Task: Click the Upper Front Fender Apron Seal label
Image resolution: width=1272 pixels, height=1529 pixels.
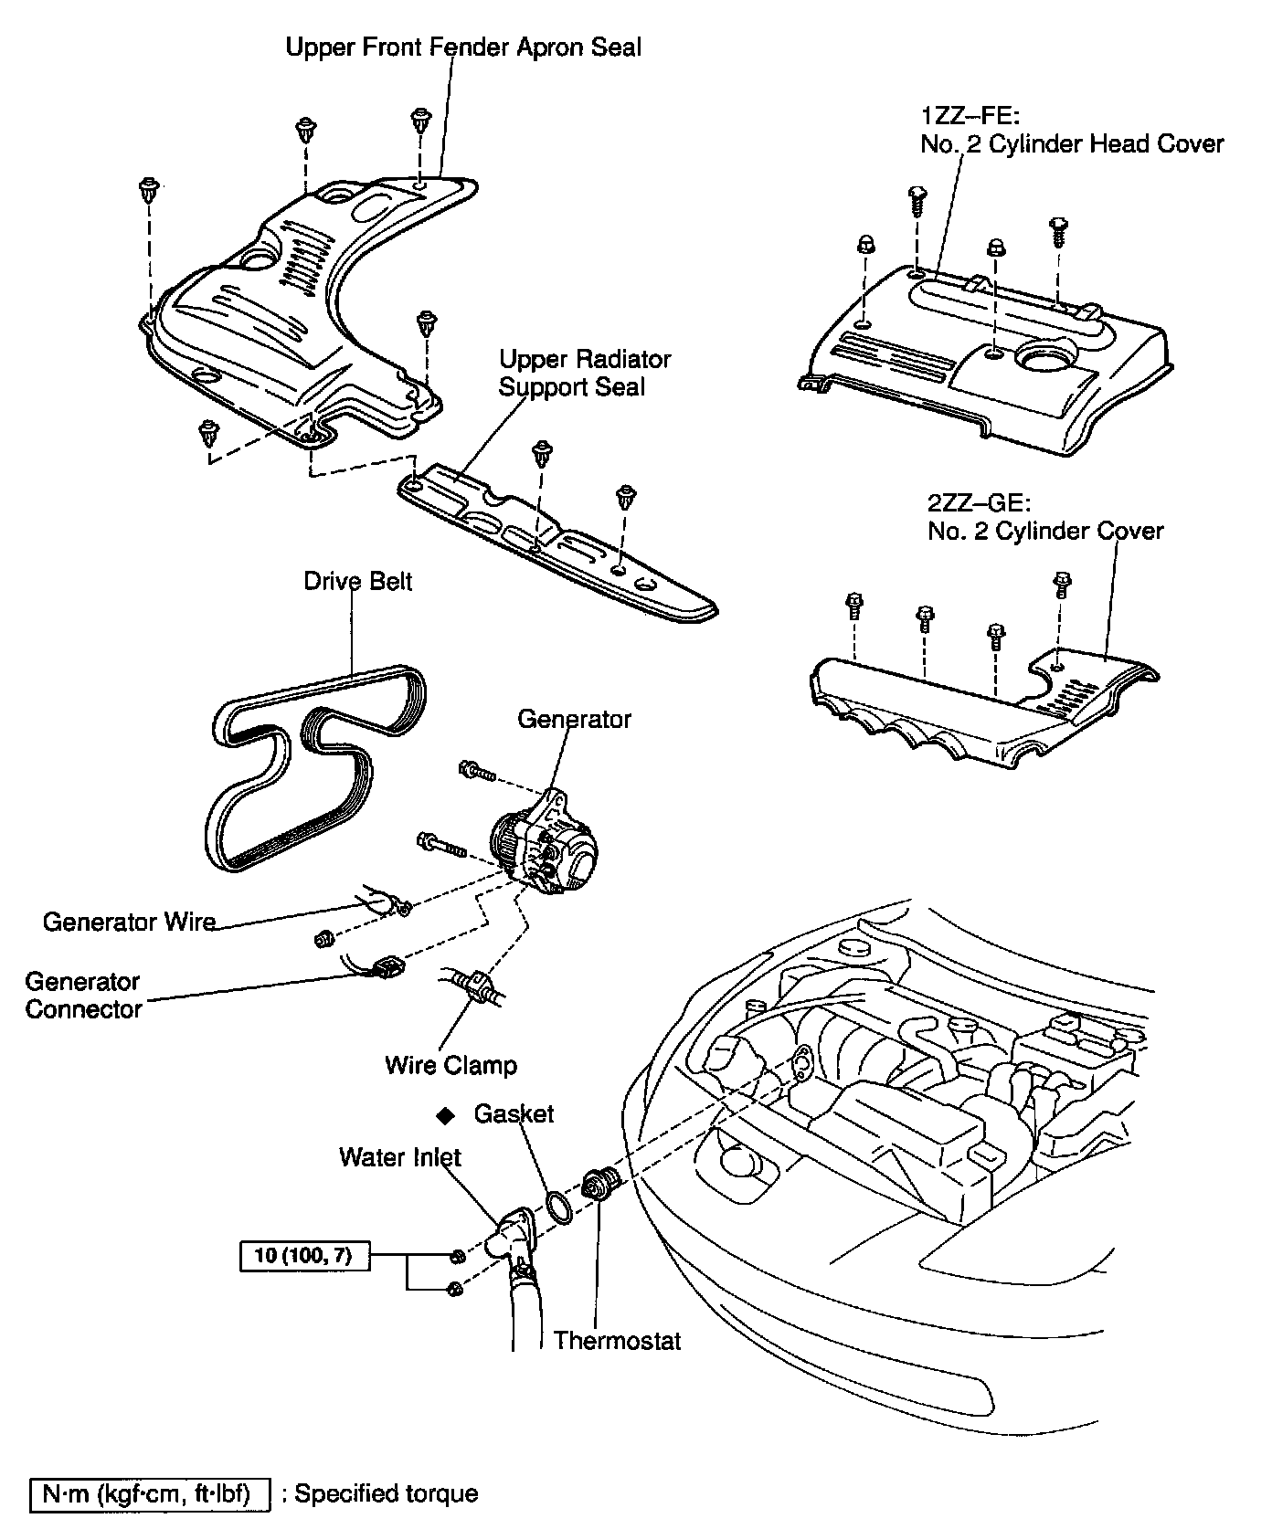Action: pos(463,47)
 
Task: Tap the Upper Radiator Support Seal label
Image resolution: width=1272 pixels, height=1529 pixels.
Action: pos(585,373)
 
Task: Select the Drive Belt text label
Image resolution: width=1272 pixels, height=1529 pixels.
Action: pos(357,582)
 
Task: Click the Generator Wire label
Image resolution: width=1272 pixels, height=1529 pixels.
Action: pos(129,922)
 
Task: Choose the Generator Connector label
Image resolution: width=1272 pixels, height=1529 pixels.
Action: pos(83,996)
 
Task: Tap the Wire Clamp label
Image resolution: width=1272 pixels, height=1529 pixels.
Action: pos(450,1065)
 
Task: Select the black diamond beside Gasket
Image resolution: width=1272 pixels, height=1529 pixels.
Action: pos(445,1115)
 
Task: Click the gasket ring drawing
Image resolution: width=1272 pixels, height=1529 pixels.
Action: pos(559,1208)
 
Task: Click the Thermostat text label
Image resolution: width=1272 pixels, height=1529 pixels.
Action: pos(617,1341)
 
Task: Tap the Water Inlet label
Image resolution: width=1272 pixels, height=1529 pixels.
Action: pos(399,1157)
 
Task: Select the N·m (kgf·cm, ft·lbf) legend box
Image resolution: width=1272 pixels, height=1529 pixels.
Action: pos(151,1494)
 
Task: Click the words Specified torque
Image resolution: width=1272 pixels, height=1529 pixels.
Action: pos(386,1494)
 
